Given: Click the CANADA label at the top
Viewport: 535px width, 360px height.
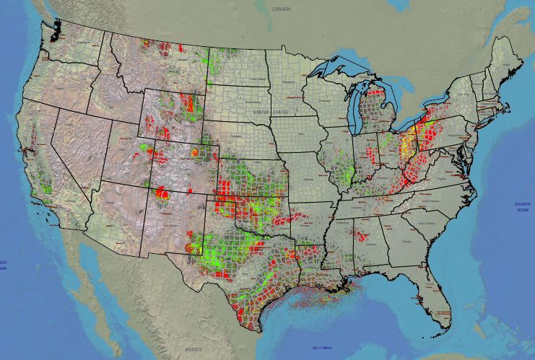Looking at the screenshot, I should [281, 9].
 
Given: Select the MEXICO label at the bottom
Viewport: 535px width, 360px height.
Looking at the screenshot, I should [193, 349].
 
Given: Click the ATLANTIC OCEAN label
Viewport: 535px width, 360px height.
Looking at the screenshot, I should [522, 206].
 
